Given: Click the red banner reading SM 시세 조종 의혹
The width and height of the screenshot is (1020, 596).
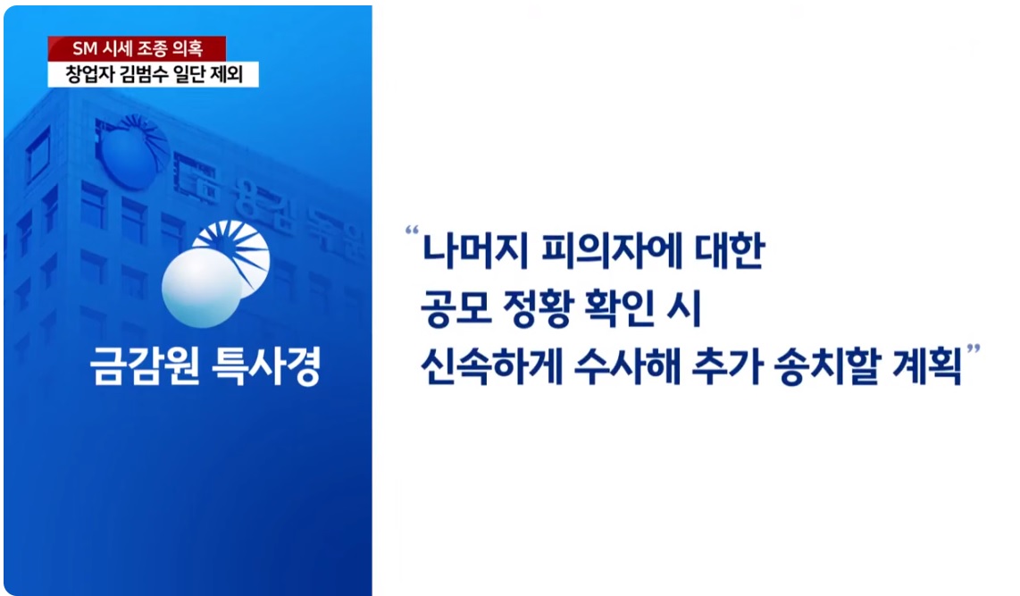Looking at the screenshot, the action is point(137,48).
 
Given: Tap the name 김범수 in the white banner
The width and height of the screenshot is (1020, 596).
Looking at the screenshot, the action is point(152,74).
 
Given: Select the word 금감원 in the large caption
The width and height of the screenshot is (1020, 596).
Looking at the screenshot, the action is point(145,365).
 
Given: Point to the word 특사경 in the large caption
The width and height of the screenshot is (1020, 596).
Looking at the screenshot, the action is point(267,365).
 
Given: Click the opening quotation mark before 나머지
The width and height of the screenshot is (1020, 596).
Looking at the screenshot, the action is point(412,231).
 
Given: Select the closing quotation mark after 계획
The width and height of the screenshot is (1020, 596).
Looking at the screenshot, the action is point(974,350).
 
